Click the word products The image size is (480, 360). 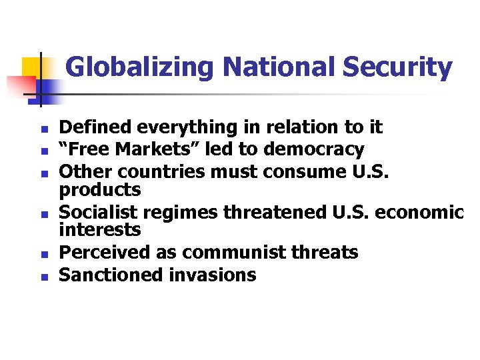coord(100,191)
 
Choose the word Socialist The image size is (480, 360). coord(99,212)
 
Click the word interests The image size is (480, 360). coord(100,231)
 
